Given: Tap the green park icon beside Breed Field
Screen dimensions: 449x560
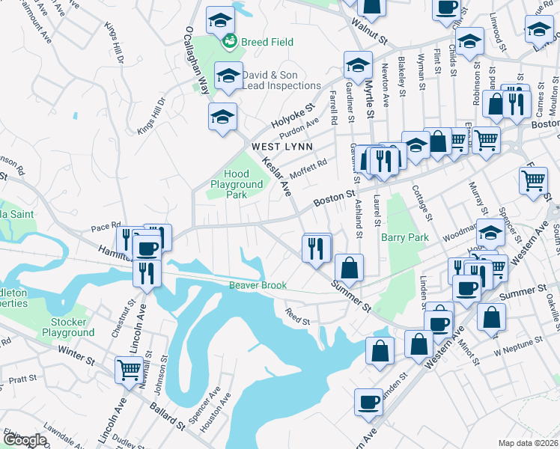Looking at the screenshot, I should coord(228,40).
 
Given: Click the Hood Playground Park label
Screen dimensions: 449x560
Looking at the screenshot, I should coord(237,184).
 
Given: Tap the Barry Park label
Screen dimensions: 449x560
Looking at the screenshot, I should coord(404,238).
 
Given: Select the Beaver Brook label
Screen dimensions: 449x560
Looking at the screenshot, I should coord(258,285).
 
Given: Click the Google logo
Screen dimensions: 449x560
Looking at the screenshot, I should coord(24,439).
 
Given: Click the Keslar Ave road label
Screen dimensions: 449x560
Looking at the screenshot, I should coord(276,177).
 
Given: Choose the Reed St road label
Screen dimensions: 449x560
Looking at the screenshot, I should coord(297,317).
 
